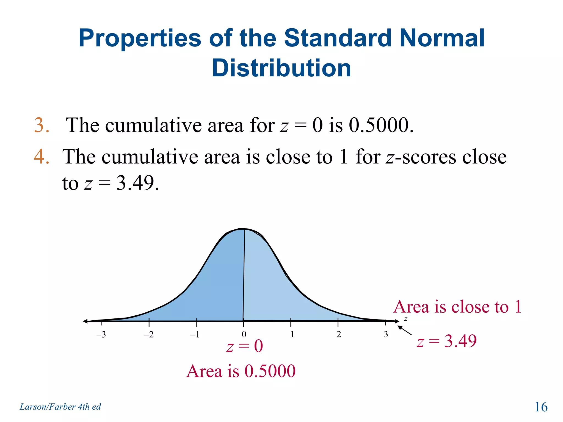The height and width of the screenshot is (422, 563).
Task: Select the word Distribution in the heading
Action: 281,68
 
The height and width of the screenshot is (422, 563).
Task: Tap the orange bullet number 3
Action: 42,125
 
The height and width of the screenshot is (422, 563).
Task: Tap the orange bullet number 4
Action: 42,157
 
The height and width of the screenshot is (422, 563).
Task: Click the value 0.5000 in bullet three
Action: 381,125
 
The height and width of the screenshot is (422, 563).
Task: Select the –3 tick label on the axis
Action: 101,334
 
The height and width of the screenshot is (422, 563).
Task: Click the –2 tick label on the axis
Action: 148,334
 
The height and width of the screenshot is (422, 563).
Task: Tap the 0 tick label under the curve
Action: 244,334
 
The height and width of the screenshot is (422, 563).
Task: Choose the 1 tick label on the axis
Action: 292,334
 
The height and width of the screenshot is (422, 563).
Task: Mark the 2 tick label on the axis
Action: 339,334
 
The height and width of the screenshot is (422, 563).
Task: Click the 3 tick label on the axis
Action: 386,334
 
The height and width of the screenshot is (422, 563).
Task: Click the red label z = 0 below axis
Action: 244,346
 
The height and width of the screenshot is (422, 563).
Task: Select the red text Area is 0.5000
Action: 241,371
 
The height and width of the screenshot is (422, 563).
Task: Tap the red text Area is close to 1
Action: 457,307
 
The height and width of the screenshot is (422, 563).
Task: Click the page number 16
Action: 541,407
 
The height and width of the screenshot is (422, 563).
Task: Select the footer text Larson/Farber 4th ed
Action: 60,407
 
